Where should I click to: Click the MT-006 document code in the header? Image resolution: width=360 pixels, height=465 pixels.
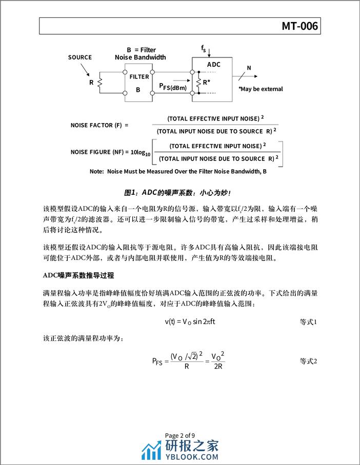click(x=301, y=26)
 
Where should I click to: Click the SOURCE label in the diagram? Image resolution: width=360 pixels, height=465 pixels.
click(x=80, y=57)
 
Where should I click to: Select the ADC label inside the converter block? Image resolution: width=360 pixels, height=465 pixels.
click(x=213, y=65)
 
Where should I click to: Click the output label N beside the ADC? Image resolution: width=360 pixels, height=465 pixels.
click(x=249, y=68)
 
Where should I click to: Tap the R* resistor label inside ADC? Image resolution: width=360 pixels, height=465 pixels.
click(x=206, y=82)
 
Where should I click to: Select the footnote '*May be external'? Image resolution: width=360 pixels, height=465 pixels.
click(x=261, y=89)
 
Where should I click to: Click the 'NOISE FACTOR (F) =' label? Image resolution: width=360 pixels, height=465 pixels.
click(x=99, y=125)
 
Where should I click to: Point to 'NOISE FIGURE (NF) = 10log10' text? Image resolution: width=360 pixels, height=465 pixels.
click(x=111, y=152)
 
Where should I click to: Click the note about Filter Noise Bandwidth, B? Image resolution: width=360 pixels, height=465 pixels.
click(x=178, y=172)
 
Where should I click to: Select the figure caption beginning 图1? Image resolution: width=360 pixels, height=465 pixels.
click(x=178, y=193)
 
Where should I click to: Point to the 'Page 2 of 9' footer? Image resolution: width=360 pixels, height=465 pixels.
click(x=180, y=436)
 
